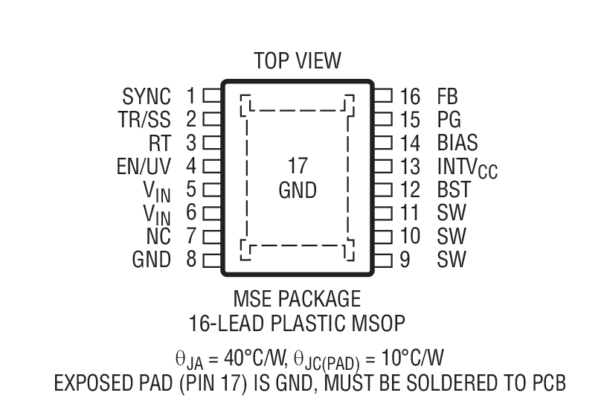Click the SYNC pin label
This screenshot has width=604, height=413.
pyautogui.click(x=147, y=96)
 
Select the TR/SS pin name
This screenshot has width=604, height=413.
pyautogui.click(x=144, y=119)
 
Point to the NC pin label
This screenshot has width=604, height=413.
pyautogui.click(x=158, y=237)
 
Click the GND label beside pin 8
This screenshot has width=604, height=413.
pyautogui.click(x=151, y=260)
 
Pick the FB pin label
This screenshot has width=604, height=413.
pyautogui.click(x=448, y=96)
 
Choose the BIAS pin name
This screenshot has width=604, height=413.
pyautogui.click(x=457, y=142)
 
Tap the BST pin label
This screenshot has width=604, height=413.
pyautogui.click(x=454, y=190)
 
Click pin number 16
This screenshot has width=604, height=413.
pyautogui.click(x=410, y=96)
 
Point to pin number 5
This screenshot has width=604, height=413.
pyautogui.click(x=190, y=190)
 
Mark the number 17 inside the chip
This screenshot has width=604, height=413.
pyautogui.click(x=298, y=165)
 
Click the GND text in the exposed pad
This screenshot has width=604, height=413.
pyautogui.click(x=298, y=191)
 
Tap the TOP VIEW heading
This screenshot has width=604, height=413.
pyautogui.click(x=297, y=60)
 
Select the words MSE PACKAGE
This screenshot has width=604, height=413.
pyautogui.click(x=297, y=299)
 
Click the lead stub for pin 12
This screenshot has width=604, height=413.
pyautogui.click(x=383, y=189)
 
